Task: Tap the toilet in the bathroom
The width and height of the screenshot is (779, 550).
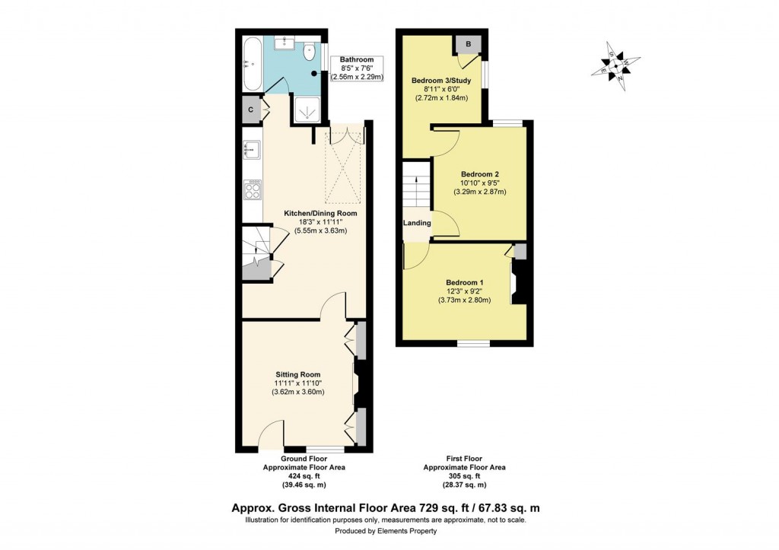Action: pyautogui.click(x=310, y=52)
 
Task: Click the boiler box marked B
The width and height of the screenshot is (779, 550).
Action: pyautogui.click(x=468, y=45)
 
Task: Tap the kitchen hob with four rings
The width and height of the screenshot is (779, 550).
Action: pyautogui.click(x=253, y=189)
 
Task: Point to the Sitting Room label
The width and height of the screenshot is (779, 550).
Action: pyautogui.click(x=297, y=374)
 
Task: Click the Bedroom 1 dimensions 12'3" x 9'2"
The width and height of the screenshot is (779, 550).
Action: pyautogui.click(x=464, y=291)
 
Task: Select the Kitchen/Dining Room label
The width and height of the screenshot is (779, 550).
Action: pyautogui.click(x=320, y=213)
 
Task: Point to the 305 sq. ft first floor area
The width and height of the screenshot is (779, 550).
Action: pyautogui.click(x=464, y=477)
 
